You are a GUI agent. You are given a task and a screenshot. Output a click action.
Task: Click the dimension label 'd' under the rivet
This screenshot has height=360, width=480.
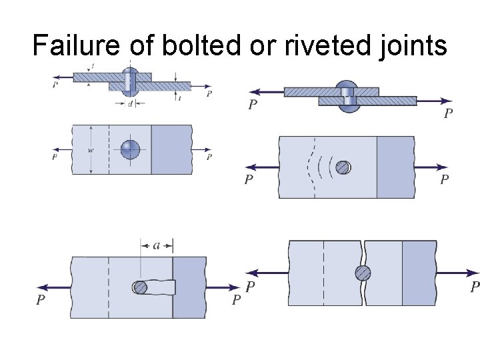pyautogui.click(x=130, y=103)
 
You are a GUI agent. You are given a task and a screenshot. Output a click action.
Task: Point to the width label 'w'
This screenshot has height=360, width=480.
pyautogui.click(x=91, y=150)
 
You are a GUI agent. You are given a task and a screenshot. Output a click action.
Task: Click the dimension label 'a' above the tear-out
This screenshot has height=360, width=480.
pyautogui.click(x=157, y=245)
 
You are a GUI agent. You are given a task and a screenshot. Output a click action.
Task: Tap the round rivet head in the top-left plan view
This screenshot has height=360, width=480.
pyautogui.click(x=131, y=149)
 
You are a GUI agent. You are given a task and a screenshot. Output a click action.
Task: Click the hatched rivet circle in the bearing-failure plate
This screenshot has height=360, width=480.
pyautogui.click(x=343, y=167)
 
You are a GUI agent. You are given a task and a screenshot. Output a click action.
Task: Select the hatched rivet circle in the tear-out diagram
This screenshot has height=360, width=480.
pyautogui.click(x=141, y=287)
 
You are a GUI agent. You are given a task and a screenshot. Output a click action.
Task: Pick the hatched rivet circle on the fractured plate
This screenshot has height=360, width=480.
pyautogui.click(x=363, y=273)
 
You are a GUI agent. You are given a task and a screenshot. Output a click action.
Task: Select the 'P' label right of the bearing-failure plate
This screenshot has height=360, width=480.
pyautogui.click(x=445, y=179)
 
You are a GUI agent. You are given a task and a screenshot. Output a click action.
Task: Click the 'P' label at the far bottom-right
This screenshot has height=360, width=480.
pyautogui.click(x=475, y=287)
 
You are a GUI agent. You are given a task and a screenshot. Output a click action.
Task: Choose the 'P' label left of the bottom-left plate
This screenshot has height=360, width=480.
pyautogui.click(x=41, y=300)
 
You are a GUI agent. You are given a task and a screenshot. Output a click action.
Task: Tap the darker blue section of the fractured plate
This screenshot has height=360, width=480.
pyautogui.click(x=419, y=273)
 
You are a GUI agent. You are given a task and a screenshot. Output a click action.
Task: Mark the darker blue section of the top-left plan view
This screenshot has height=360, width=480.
pyautogui.click(x=172, y=149)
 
